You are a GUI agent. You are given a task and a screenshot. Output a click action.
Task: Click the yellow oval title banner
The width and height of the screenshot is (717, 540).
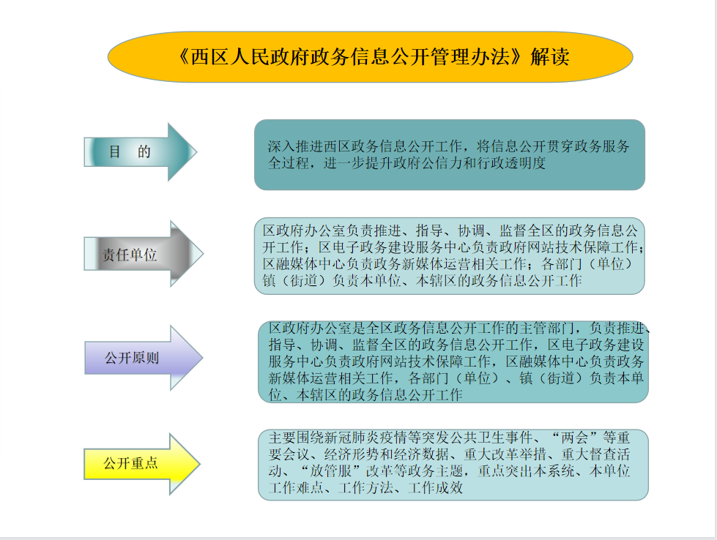point(370,57)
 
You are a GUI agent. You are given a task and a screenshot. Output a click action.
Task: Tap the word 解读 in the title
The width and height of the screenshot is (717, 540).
point(549,57)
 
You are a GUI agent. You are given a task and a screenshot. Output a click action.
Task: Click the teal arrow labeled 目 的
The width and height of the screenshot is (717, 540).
point(141,152)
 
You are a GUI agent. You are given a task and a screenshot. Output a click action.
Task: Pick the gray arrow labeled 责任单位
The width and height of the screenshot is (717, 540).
point(144,254)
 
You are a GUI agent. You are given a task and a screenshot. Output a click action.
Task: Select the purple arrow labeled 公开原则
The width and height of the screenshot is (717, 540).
point(144,358)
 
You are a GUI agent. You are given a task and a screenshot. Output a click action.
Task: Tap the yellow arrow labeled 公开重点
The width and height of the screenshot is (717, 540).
point(142,464)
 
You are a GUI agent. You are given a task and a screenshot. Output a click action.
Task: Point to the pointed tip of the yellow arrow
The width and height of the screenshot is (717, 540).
point(200,464)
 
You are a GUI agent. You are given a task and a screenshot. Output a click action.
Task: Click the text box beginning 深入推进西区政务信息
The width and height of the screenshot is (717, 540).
point(450,155)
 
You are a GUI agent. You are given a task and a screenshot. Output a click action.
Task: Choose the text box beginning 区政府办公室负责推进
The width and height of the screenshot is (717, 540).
point(450,256)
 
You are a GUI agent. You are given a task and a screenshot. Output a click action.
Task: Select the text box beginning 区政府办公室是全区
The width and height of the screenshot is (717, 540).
point(453,361)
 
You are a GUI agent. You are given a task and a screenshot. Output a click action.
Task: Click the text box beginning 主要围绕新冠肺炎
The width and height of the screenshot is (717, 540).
point(453,465)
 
